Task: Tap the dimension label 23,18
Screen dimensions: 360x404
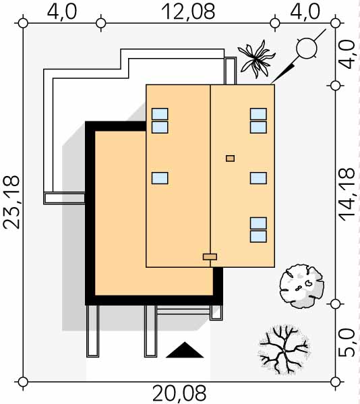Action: pos(11,202)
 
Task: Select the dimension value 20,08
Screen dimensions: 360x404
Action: pos(179,394)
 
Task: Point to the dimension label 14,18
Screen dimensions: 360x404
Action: pos(347,194)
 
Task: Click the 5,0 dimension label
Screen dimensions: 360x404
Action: pos(347,343)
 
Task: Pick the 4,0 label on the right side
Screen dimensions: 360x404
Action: pos(349,54)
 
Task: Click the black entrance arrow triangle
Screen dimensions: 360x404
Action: pos(185,350)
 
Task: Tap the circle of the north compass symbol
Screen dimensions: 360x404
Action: pos(307,48)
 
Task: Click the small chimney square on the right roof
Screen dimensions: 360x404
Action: pos(230,158)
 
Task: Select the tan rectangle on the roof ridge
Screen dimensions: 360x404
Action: pos(210,256)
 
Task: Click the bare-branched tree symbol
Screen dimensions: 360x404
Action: pos(284,349)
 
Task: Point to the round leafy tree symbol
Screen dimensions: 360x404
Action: pos(302,286)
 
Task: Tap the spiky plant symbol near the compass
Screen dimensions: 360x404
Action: pos(256,59)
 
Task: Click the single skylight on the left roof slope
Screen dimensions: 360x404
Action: pos(160,178)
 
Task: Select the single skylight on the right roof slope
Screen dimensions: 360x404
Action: pos(258,178)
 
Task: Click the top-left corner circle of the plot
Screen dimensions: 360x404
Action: pos(23,23)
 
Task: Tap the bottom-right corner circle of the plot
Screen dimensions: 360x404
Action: pos(335,382)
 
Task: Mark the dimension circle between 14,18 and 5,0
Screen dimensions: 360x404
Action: pos(335,304)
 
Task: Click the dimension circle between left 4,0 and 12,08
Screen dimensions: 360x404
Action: pos(100,23)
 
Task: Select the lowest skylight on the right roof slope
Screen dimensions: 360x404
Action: pos(258,237)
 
